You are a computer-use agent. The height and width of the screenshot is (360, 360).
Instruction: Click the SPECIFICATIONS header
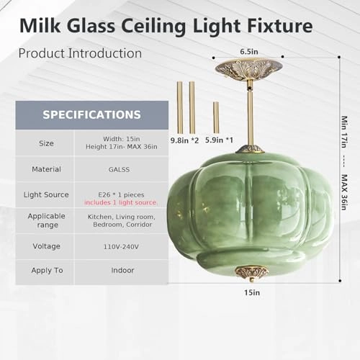coord(91,114)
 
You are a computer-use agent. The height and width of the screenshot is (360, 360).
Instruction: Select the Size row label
coord(46,143)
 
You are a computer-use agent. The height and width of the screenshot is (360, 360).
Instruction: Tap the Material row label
coord(46,169)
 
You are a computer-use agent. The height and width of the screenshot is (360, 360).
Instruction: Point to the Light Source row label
coord(46,194)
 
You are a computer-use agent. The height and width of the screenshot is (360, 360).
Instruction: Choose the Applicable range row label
coord(46,220)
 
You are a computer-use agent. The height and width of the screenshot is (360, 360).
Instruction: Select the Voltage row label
coord(46,246)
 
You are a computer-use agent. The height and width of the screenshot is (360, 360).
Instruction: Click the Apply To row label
coord(46,271)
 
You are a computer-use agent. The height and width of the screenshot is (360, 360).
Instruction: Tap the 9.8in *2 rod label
coord(184,140)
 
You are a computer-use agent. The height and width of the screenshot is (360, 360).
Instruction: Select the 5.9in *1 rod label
coord(219,140)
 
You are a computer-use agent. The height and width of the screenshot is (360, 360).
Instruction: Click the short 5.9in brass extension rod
coord(216,117)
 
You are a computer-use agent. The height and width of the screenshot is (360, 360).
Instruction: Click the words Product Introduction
coord(79,53)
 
